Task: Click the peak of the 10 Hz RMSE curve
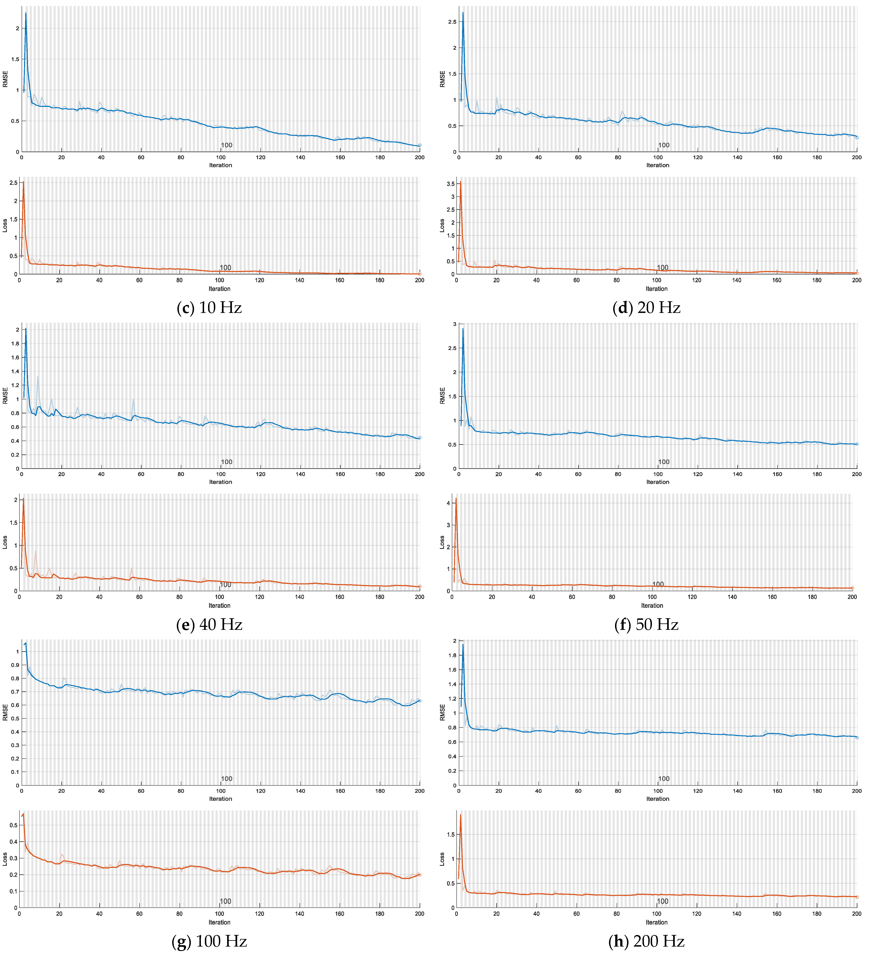click(26, 13)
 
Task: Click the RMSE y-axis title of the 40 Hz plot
click(5, 396)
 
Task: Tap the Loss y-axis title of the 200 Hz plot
click(442, 859)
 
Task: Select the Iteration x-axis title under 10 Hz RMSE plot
click(221, 165)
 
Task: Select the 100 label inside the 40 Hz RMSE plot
click(227, 462)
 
